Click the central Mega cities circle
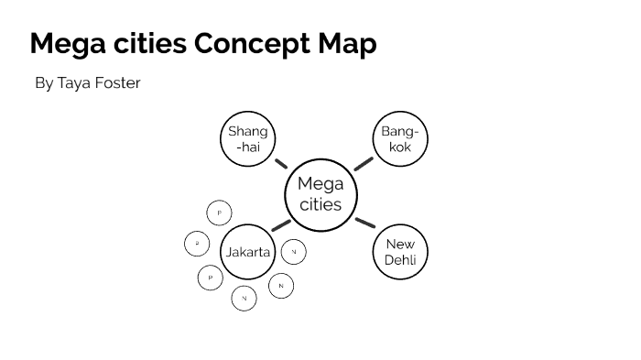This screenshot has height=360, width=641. click(x=320, y=194)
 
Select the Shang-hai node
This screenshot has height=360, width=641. click(x=248, y=139)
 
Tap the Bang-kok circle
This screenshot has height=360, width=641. click(x=400, y=139)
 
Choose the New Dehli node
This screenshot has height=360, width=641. click(x=400, y=252)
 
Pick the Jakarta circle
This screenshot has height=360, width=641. click(x=248, y=251)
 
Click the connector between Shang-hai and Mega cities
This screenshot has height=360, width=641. click(x=281, y=164)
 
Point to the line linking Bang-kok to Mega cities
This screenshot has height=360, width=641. click(x=364, y=164)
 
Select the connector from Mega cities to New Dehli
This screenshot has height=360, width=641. click(x=364, y=223)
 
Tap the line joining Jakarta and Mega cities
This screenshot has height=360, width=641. click(x=281, y=224)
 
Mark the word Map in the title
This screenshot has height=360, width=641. click(x=345, y=44)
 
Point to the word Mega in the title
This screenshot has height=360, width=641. click(x=67, y=44)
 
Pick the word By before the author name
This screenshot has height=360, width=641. click(x=44, y=83)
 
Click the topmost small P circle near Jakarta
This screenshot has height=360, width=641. click(x=220, y=213)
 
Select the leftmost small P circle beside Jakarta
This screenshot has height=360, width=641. click(x=197, y=244)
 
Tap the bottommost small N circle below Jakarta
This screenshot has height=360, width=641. click(x=244, y=298)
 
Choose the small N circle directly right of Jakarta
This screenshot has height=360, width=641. click(x=294, y=251)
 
